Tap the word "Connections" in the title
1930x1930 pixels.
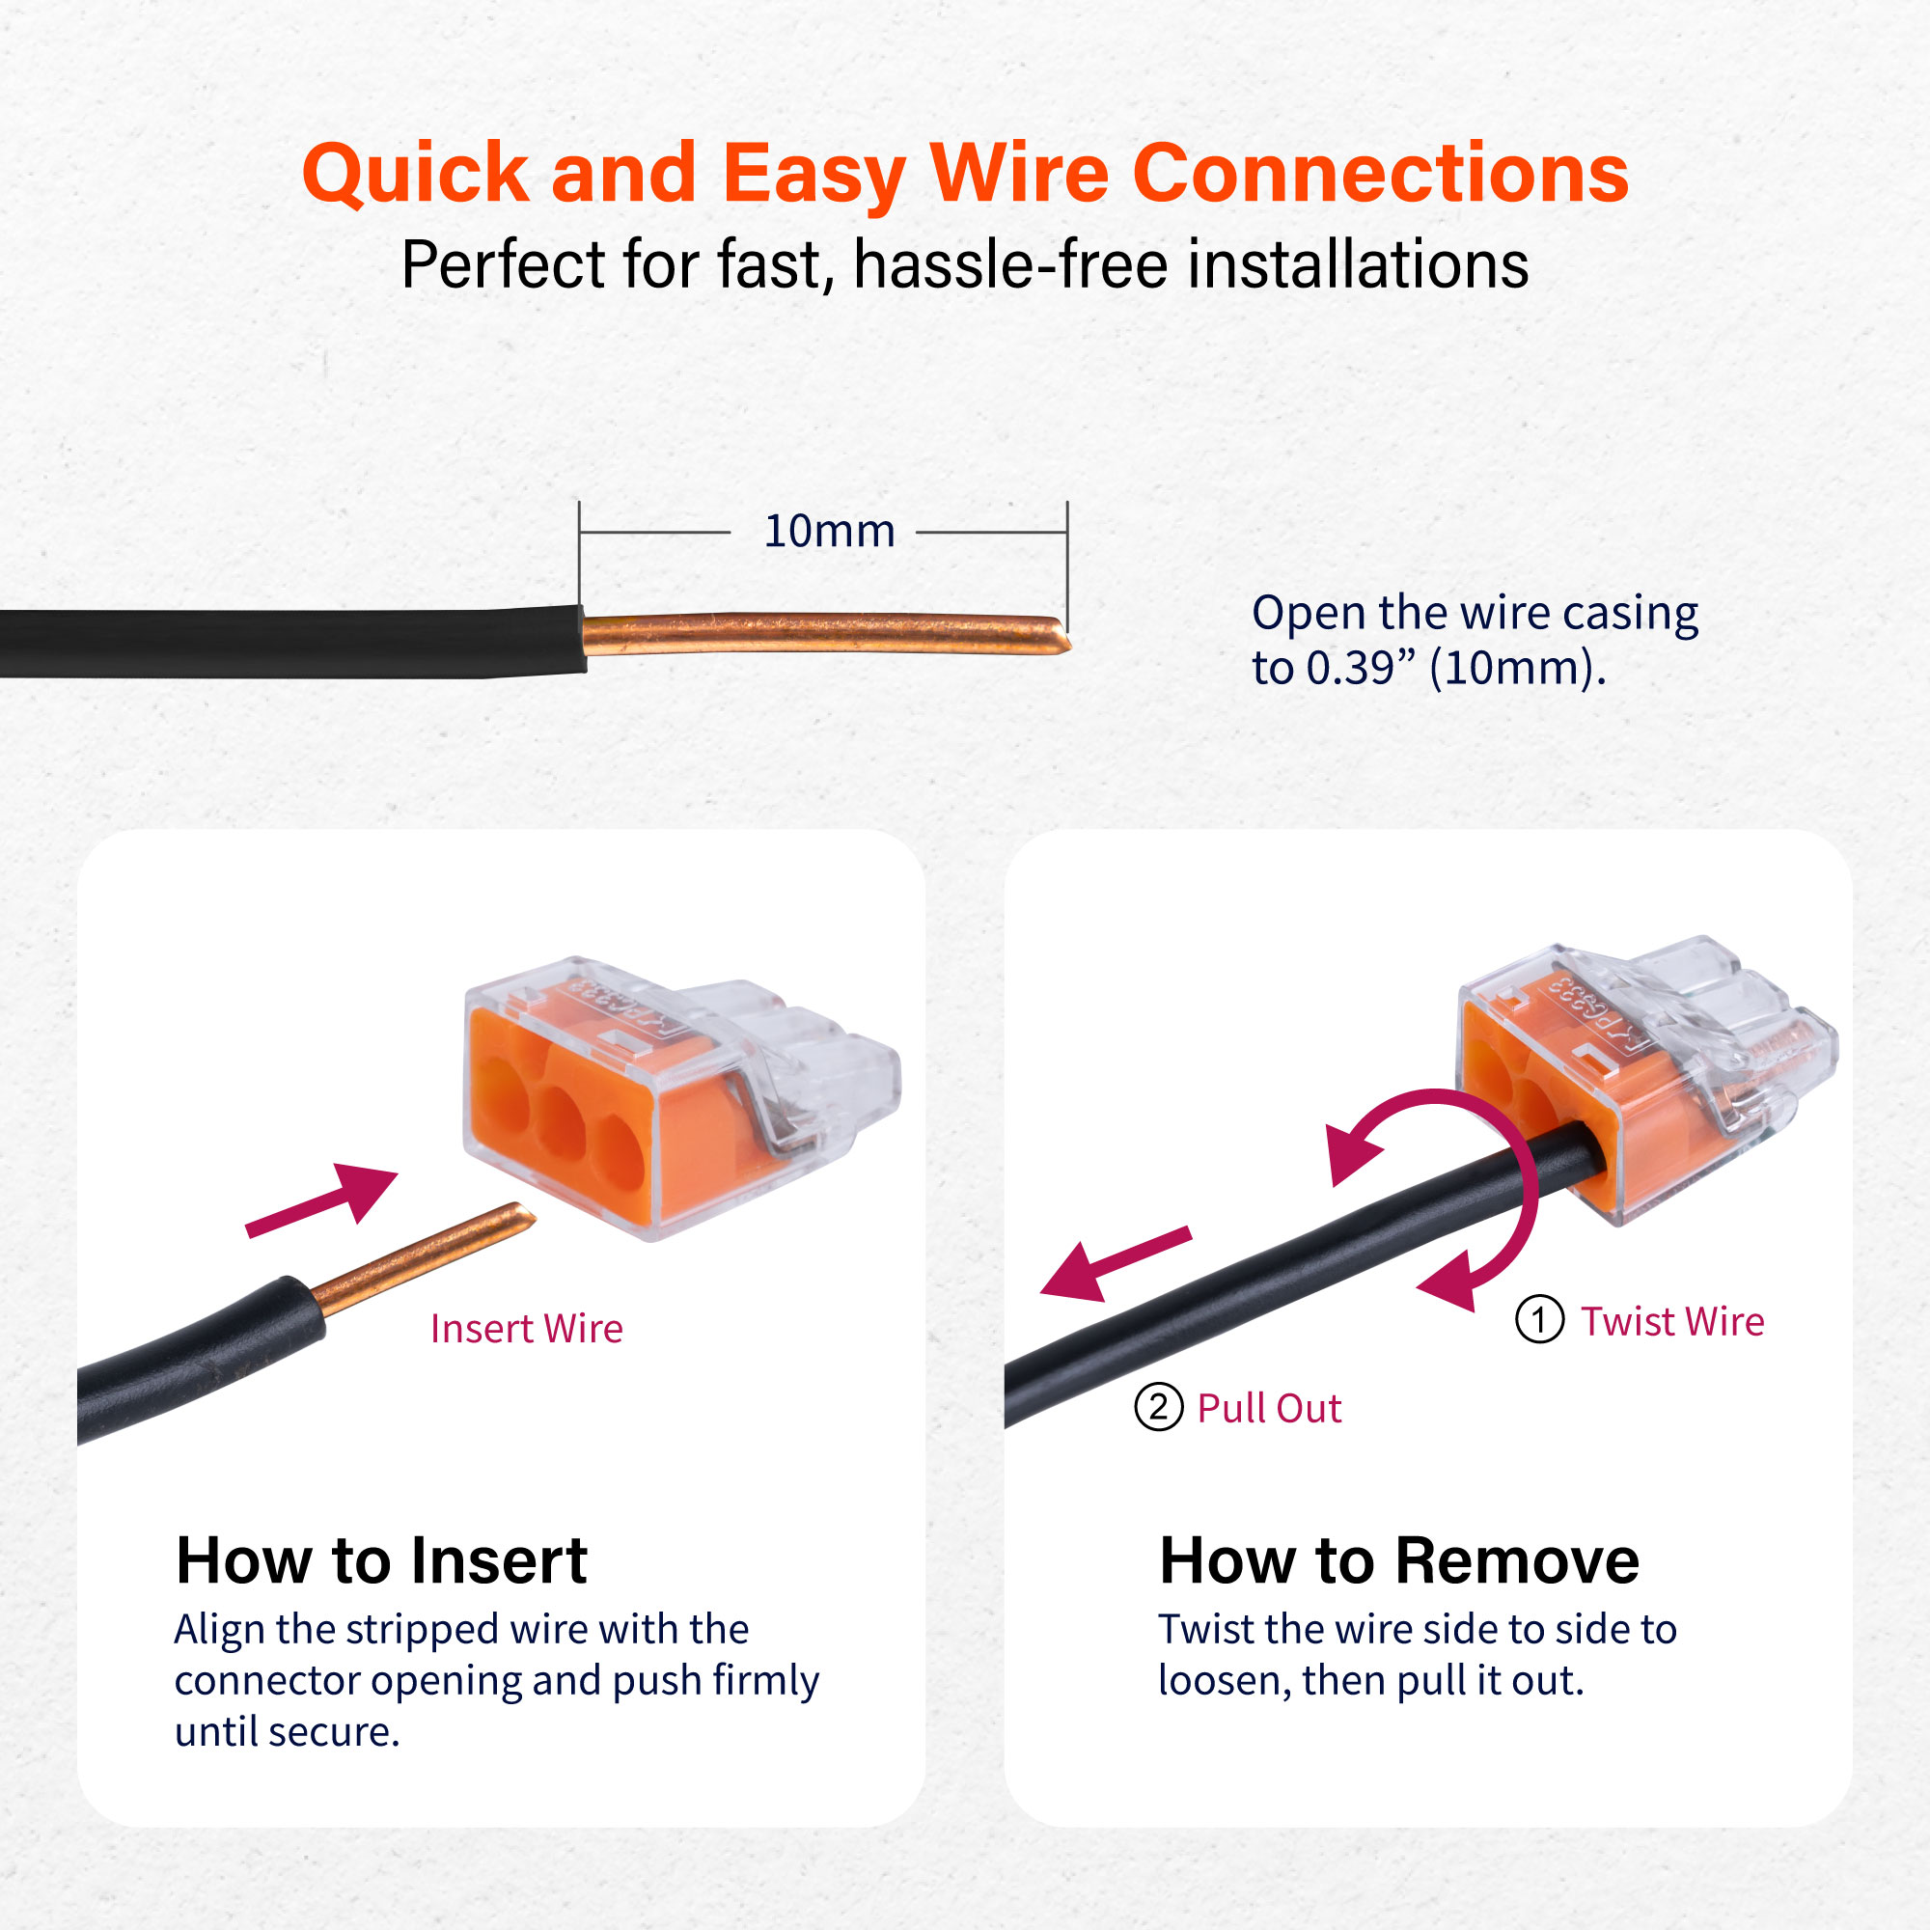point(1381,173)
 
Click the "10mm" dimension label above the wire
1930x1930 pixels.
point(829,532)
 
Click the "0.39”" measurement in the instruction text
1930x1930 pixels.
point(1361,668)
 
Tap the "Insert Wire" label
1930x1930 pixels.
point(527,1329)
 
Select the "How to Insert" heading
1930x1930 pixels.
point(381,1560)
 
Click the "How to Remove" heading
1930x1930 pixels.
point(1398,1560)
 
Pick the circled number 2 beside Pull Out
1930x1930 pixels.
point(1159,1408)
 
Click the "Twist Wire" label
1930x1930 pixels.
point(1672,1322)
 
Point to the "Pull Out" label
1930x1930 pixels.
point(1269,1409)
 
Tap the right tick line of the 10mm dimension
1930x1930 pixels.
point(1067,565)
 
